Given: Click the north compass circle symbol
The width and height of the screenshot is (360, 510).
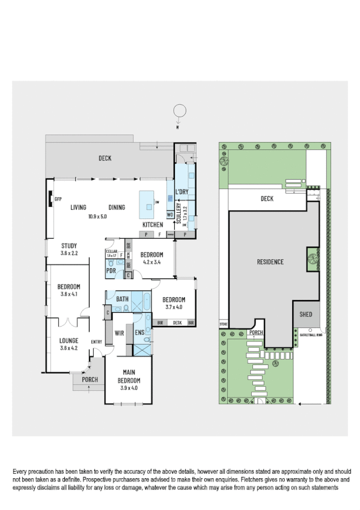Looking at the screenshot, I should tap(178, 111).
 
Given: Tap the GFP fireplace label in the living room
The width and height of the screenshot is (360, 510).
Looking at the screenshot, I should tap(58, 198).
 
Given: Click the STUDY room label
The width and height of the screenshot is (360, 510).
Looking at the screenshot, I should tap(69, 245).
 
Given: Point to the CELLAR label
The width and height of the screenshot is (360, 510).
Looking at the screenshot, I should tap(111, 251).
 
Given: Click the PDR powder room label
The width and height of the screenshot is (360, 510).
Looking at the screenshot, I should tap(111, 271).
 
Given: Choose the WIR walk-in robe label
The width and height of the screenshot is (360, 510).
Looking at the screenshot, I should tap(119, 332).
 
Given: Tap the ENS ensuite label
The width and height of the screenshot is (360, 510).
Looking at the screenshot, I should tap(139, 332).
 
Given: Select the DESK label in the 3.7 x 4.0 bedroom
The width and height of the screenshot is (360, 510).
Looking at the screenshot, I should tap(177, 323).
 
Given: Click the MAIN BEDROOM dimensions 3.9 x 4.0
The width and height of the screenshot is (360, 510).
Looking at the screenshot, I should tap(128, 388).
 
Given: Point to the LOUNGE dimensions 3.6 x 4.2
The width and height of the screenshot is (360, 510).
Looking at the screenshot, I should tap(69, 348).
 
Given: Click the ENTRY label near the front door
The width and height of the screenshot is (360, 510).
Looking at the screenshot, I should tap(96, 342).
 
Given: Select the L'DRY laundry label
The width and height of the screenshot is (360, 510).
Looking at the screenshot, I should tap(182, 192).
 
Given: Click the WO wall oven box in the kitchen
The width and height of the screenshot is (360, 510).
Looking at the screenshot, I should tap(170, 214).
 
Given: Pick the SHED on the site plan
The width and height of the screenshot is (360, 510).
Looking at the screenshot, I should tap(305, 315).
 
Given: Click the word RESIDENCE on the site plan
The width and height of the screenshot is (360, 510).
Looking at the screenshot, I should tap(270, 262).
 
